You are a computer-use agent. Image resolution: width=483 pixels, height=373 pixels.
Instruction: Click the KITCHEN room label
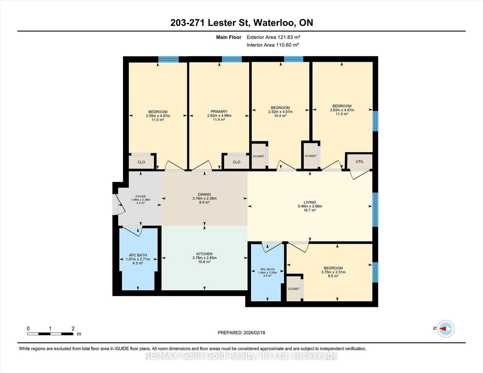pos(204,254)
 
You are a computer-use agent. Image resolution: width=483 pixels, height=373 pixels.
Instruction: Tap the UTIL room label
pos(360,161)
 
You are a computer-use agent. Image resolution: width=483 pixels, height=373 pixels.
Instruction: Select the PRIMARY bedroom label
pos(219,112)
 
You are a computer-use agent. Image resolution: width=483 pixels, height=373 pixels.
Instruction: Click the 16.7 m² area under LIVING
pos(310,210)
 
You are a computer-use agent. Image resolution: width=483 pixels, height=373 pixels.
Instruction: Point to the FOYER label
pos(140,196)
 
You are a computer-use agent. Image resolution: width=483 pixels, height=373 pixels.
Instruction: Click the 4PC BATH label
pos(138,255)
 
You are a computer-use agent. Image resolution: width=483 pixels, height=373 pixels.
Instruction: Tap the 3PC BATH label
pos(267,269)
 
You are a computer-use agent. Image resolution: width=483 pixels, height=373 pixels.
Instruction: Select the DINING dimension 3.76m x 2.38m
pos(204,198)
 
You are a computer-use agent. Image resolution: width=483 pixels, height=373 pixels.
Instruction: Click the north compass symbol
pos(446,328)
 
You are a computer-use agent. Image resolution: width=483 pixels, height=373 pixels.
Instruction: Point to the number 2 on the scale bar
pos(73,328)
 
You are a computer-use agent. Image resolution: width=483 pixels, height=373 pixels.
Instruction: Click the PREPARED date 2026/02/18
pos(254,333)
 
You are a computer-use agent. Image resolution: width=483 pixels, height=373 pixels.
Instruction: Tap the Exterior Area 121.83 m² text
pos(273,37)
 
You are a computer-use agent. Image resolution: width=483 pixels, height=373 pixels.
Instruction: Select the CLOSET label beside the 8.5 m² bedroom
pos(293,289)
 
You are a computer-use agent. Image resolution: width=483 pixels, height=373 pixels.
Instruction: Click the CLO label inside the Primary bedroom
pos(236,162)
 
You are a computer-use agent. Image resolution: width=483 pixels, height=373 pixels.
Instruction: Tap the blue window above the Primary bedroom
pos(232,59)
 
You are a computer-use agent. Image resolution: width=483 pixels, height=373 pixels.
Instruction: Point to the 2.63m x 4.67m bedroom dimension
pos(342,110)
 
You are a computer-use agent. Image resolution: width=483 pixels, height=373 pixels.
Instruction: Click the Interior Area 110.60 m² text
pos(273,45)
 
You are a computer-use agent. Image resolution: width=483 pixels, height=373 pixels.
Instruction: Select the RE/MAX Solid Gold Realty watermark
pos(241,356)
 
